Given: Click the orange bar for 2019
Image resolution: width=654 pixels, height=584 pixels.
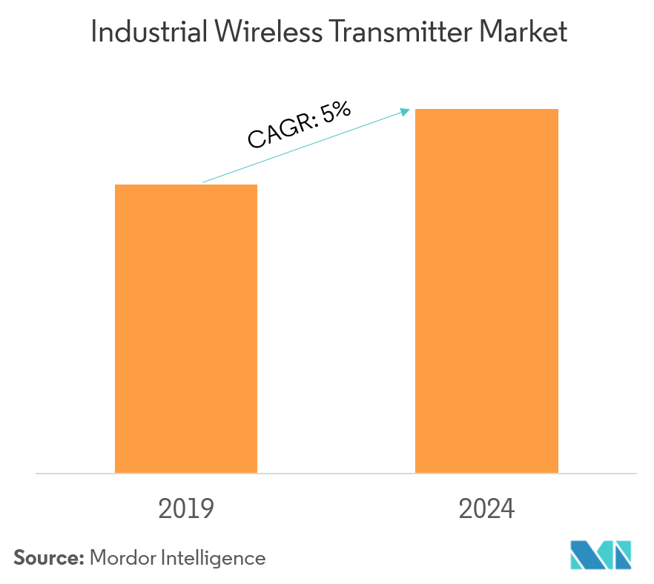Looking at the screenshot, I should coord(186,328).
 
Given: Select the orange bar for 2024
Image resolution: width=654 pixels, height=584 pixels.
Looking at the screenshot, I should coord(486,291).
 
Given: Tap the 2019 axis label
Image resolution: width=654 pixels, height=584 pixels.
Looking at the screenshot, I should coord(186,509).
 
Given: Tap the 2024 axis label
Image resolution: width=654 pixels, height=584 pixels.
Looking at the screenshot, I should coord(486,509).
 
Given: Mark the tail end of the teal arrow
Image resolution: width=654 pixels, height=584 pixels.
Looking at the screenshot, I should coord(204,182).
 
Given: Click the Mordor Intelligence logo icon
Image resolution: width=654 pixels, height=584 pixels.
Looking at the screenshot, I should coord(601,555).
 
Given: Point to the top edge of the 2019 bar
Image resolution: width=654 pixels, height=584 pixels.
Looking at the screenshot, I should coord(186,185).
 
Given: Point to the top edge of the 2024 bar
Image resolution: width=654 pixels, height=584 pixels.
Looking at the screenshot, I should coord(486,110).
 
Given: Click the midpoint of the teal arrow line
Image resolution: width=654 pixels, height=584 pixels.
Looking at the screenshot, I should coord(305,146).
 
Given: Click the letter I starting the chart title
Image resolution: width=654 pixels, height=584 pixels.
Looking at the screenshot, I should coord(93,32).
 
